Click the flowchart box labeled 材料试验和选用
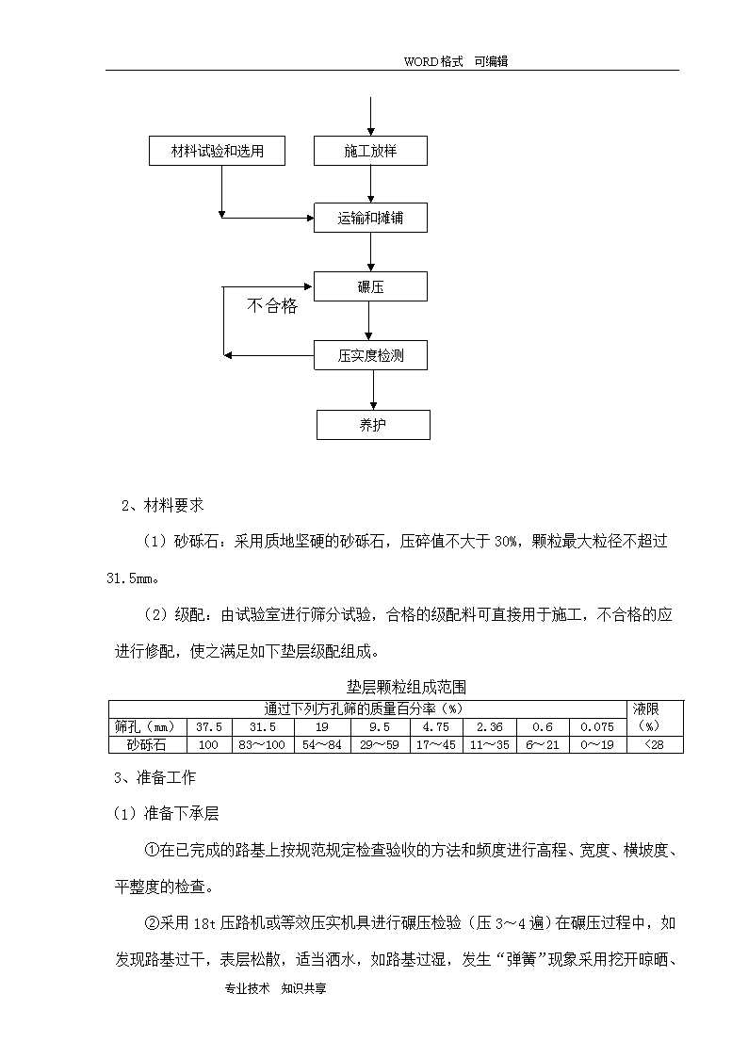[x=217, y=151]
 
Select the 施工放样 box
[x=370, y=151]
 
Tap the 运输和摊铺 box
[x=370, y=218]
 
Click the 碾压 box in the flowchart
[x=370, y=286]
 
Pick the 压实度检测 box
[x=370, y=355]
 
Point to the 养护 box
[x=373, y=425]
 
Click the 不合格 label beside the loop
[x=272, y=306]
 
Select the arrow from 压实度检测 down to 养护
[x=373, y=390]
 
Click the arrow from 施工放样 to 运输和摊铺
[x=370, y=185]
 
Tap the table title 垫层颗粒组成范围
[x=406, y=687]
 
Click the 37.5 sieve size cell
[x=209, y=726]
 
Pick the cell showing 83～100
[x=263, y=745]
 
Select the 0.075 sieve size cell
[x=597, y=726]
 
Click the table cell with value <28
[x=654, y=745]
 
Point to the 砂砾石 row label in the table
[x=147, y=745]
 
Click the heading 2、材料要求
[x=163, y=505]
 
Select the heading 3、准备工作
[x=155, y=777]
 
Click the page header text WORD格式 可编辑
[x=456, y=61]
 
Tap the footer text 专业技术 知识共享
[x=275, y=988]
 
